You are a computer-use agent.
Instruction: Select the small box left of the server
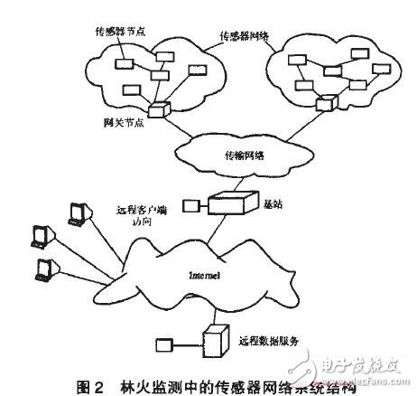tap(164, 344)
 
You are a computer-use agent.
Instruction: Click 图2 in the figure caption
tap(88, 387)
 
